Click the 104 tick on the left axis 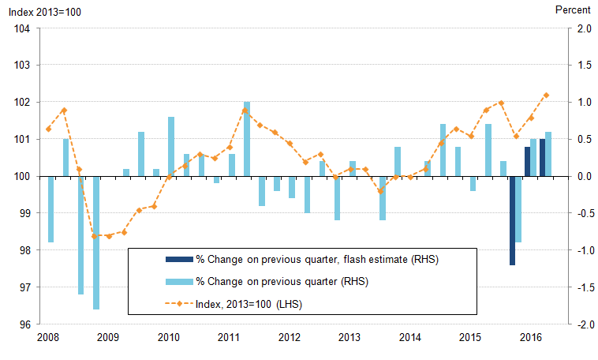point(21,28)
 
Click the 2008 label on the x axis point(47,338)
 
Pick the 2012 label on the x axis point(289,338)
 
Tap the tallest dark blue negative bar point(512,221)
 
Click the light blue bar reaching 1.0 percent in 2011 point(247,139)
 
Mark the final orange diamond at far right point(547,95)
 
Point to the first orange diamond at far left point(48,129)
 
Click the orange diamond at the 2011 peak point(245,111)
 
